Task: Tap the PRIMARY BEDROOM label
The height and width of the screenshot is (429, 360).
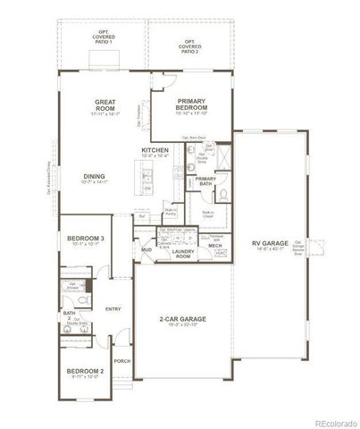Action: coord(192,105)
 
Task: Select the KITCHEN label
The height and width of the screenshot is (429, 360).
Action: coord(155,150)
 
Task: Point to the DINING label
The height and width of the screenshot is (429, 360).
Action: coord(96,178)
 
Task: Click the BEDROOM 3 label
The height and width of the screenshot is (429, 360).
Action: coord(86,240)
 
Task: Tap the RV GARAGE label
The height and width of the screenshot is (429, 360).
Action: coord(269,243)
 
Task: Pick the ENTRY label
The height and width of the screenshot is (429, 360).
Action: coord(113,309)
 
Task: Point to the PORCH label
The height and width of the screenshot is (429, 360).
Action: coord(122,360)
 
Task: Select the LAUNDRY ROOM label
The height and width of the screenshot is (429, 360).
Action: coord(183,255)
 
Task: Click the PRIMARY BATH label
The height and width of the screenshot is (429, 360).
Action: coord(206,182)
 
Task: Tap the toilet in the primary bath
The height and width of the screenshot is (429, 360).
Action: coord(225,194)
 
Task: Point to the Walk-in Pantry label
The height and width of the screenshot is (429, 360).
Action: coord(170,212)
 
